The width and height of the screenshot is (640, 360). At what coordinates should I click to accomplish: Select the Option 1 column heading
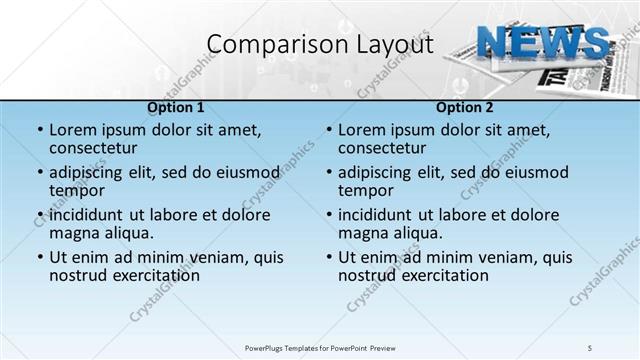pos(176,107)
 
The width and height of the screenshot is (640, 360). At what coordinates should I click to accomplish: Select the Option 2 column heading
pos(464,107)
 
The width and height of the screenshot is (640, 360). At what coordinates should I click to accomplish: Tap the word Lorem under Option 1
pos(75,129)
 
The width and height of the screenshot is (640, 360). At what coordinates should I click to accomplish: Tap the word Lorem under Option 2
pos(364,129)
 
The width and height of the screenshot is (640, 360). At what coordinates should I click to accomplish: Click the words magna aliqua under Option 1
pos(101,233)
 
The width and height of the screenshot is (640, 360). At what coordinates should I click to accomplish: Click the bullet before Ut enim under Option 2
pos(329,257)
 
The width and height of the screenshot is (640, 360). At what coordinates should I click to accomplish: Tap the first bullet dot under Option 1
pos(40,130)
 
